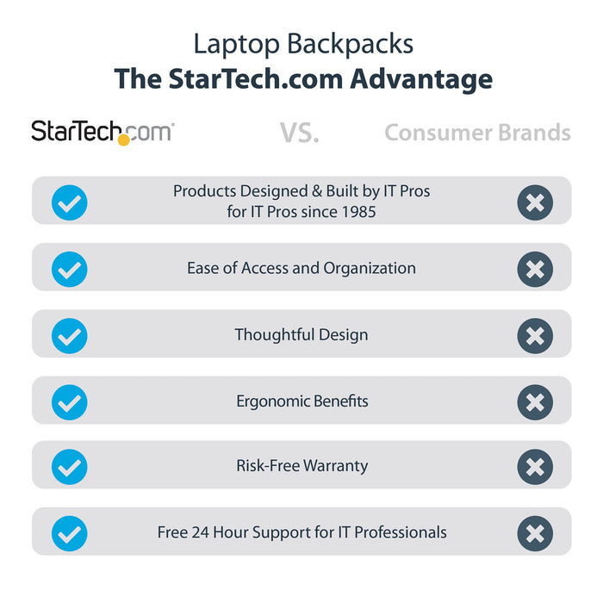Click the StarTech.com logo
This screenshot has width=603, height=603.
pyautogui.click(x=102, y=132)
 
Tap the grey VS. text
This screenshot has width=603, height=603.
pyautogui.click(x=299, y=133)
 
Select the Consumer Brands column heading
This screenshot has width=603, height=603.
pyautogui.click(x=477, y=133)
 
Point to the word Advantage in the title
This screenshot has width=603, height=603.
pyautogui.click(x=421, y=79)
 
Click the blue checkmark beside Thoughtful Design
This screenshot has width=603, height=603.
pyautogui.click(x=70, y=334)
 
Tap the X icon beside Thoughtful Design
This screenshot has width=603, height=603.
pyautogui.click(x=535, y=334)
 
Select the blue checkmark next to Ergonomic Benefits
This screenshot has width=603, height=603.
pyautogui.click(x=70, y=401)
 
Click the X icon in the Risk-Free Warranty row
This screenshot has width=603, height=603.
pyautogui.click(x=535, y=466)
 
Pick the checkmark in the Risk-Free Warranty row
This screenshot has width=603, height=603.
pyautogui.click(x=70, y=466)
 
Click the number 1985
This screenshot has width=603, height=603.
pyautogui.click(x=358, y=211)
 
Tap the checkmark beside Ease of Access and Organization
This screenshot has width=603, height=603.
pyautogui.click(x=70, y=269)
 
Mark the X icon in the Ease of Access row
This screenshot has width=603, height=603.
pyautogui.click(x=535, y=269)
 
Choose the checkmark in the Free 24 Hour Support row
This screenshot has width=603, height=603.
pyautogui.click(x=70, y=533)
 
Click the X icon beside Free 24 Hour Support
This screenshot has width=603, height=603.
pyautogui.click(x=535, y=533)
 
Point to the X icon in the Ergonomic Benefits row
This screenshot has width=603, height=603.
pyautogui.click(x=535, y=401)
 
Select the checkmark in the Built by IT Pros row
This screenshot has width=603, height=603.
pyautogui.click(x=70, y=202)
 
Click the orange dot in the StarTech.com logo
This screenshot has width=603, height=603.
pyautogui.click(x=124, y=139)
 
